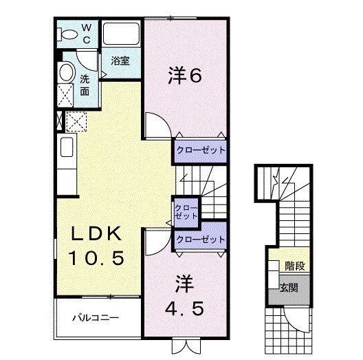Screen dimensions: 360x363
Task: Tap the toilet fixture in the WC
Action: [69, 34]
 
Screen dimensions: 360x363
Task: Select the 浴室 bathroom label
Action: [121, 60]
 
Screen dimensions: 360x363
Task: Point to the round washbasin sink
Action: [66, 72]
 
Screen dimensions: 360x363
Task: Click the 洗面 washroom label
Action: [85, 84]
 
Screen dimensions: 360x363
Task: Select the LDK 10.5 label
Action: [97, 246]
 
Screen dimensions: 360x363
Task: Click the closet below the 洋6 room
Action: [199, 149]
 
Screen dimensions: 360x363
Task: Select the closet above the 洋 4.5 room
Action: [200, 239]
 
